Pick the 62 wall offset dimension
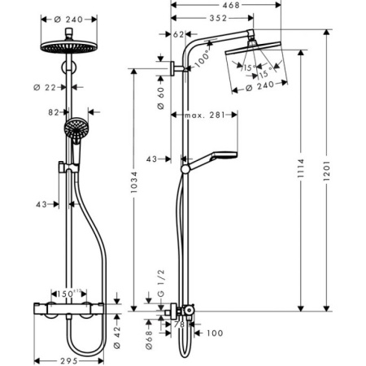(179, 35)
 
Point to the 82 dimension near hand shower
(54, 111)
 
